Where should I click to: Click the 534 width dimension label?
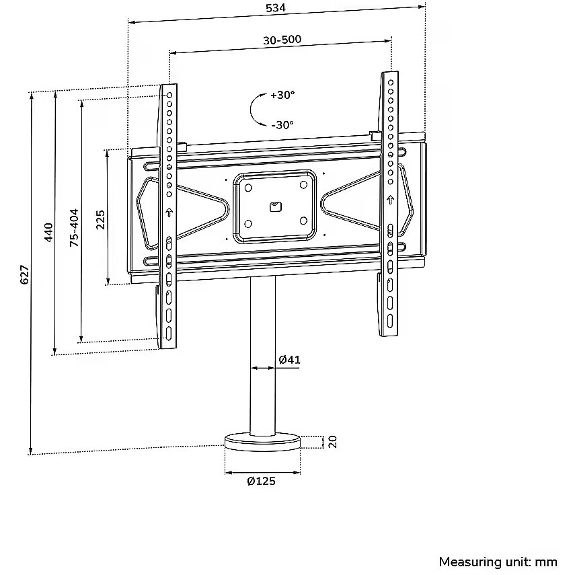(276, 9)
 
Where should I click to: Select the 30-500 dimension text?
(281, 39)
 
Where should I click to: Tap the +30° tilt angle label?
(282, 95)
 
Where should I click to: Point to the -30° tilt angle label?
(282, 124)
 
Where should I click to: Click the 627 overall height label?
(24, 274)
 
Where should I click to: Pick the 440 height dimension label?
(48, 233)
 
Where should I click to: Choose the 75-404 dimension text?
(74, 227)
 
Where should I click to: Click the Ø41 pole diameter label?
(289, 360)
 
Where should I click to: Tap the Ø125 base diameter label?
(261, 481)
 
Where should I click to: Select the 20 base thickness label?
(332, 441)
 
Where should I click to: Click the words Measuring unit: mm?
(498, 562)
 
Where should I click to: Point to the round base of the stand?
(262, 442)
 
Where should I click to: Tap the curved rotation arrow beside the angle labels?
(256, 109)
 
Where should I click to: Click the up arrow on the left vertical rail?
(169, 213)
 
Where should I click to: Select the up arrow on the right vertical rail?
(389, 200)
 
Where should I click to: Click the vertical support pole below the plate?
(263, 356)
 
